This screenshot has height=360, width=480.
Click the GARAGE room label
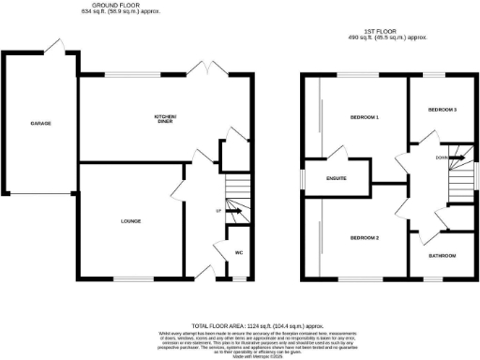(x=39, y=124)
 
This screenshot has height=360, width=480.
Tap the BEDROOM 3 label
(x=442, y=111)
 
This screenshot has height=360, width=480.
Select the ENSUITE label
(x=337, y=177)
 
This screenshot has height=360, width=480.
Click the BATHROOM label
(x=442, y=255)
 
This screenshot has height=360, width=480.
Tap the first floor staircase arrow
(x=457, y=158)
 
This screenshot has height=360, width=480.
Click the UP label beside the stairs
(x=218, y=211)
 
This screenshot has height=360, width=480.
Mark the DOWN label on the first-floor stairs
(x=441, y=157)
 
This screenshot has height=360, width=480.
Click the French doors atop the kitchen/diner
(x=202, y=69)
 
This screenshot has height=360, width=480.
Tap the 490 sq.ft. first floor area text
(x=387, y=37)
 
